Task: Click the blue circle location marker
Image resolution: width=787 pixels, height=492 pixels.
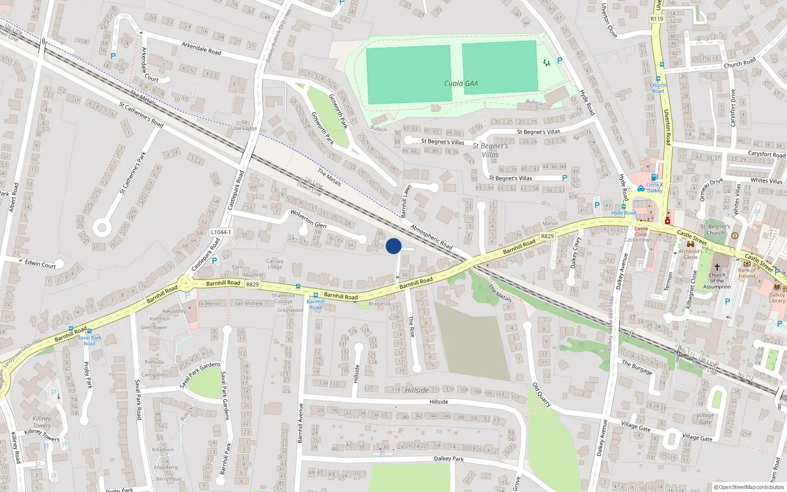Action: [393, 246]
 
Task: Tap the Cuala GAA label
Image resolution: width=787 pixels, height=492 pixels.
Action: [460, 84]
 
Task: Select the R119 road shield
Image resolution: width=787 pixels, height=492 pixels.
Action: [657, 19]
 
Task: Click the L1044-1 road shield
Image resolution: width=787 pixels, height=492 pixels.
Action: [220, 232]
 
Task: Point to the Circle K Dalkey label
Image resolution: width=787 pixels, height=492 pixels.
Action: [654, 187]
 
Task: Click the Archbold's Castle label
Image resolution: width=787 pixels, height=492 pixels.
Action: [690, 254]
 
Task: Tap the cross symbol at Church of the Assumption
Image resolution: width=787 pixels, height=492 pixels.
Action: [717, 267]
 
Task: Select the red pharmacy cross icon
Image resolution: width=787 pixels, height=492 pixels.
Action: [667, 221]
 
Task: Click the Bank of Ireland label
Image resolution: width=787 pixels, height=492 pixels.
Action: [747, 273]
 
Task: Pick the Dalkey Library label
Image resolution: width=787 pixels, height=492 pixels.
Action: [777, 298]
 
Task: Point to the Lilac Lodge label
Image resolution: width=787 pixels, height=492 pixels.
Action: [244, 128]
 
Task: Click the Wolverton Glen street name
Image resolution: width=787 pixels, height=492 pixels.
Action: [308, 218]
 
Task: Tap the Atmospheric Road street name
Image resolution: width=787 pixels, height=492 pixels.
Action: [431, 237]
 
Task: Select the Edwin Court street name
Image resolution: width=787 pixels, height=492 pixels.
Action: [40, 264]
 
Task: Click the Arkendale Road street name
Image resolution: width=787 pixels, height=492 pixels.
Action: [201, 48]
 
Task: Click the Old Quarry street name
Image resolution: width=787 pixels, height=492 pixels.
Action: [541, 395]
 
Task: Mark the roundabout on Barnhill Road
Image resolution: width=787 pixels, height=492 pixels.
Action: [186, 283]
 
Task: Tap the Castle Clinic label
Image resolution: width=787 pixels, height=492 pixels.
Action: [641, 231]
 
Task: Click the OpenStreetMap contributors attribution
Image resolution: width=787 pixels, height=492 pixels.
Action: [749, 487]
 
